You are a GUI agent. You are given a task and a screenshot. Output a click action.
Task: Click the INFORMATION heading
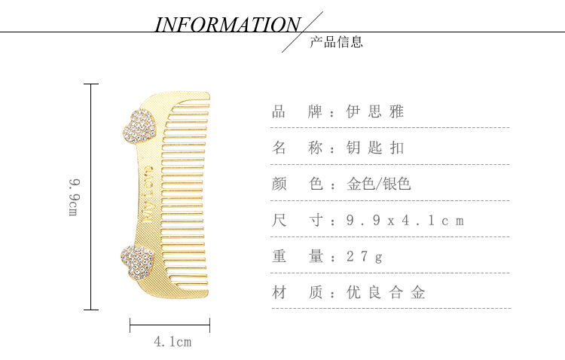tap(228, 25)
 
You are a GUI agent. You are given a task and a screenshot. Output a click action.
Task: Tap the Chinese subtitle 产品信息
tap(336, 42)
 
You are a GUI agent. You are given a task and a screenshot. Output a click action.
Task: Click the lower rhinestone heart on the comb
tap(137, 261)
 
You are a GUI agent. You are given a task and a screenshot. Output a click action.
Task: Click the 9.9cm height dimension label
tap(74, 197)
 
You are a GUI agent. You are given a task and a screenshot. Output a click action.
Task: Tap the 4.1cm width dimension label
tap(173, 342)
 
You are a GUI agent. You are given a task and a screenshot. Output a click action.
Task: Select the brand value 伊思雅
tap(375, 112)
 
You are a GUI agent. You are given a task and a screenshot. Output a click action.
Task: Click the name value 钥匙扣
tap(375, 148)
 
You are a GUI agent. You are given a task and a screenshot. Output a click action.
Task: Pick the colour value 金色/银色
tap(378, 184)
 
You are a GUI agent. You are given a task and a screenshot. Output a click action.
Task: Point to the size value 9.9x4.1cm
tap(405, 221)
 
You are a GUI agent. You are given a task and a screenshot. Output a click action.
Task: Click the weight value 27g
tap(365, 257)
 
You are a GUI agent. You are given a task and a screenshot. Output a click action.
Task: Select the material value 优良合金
tap(386, 293)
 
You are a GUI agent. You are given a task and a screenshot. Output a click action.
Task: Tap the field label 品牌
tap(298, 112)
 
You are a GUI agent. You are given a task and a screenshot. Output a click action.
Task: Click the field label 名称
tap(298, 148)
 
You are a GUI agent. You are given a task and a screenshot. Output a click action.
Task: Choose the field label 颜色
tap(298, 184)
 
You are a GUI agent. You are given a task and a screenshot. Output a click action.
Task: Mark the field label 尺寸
tap(298, 221)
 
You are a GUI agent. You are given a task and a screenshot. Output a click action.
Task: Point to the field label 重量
tap(298, 257)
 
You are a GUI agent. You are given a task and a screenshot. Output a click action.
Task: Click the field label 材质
tap(298, 293)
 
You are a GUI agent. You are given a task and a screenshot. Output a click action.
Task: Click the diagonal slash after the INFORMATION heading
tap(302, 32)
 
